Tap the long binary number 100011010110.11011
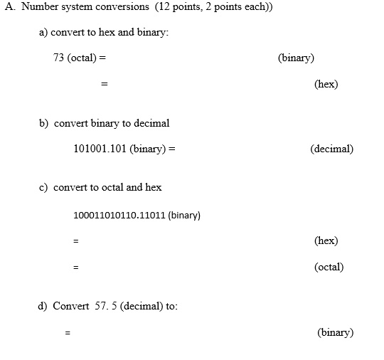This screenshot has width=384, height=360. click(119, 215)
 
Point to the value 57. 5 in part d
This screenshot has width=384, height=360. click(102, 306)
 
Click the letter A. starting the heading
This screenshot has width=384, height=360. click(9, 7)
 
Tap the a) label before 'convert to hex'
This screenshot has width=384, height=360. click(43, 33)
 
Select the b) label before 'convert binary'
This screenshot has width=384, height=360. click(44, 123)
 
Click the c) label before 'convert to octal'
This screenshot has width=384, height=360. click(43, 187)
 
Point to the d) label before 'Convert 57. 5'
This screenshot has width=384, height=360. click(43, 306)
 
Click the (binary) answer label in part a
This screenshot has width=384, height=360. click(296, 58)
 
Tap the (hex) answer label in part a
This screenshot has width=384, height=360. click(326, 84)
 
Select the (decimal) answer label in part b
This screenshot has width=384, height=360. click(331, 149)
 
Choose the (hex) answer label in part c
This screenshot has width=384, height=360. click(326, 240)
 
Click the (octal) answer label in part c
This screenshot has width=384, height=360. click(329, 267)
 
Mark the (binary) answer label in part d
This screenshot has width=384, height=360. click(335, 332)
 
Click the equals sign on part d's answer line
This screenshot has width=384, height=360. click(68, 332)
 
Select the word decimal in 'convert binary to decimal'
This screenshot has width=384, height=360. click(150, 123)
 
